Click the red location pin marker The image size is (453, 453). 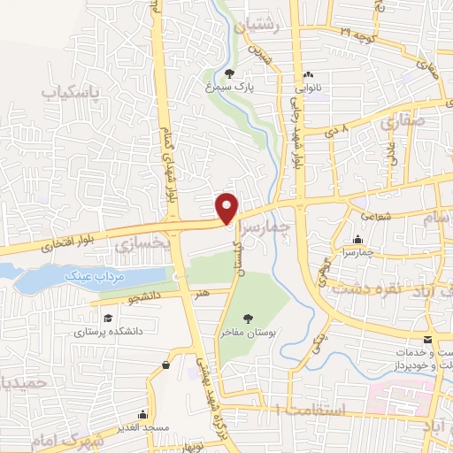pos(227,209)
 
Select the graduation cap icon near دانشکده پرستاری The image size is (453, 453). pos(108,318)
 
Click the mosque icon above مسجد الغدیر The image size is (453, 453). pos(143,413)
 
